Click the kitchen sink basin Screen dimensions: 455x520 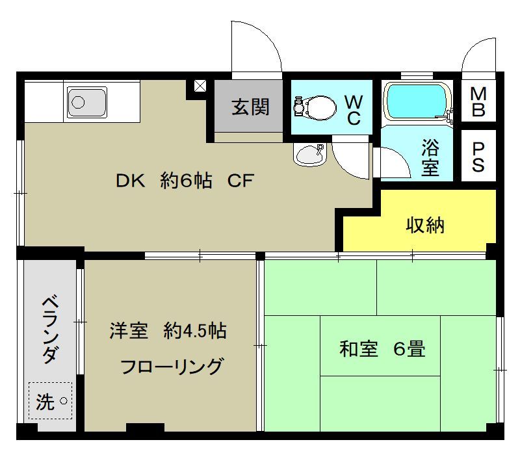86,103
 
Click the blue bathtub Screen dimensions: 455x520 417,101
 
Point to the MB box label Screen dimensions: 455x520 478,102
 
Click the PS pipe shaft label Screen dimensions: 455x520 478,156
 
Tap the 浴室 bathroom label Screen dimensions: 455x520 430,157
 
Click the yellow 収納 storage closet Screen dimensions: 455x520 425,225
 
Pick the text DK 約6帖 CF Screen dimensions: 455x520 184,182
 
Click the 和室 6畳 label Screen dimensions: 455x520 382,349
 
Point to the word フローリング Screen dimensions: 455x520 172,366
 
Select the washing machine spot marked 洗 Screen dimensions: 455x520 49,402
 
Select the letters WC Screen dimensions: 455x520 354,110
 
